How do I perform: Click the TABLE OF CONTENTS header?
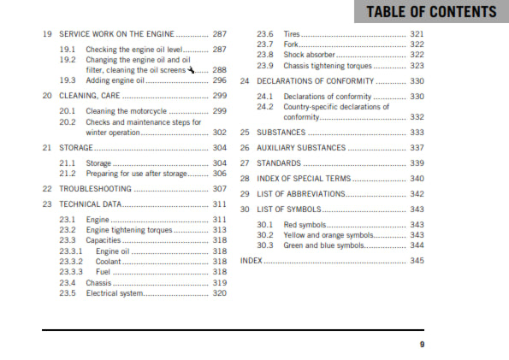431,12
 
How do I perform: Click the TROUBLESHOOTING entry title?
95,188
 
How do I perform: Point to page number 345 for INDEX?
417,260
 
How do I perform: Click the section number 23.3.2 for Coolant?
71,261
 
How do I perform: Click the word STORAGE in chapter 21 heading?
76,148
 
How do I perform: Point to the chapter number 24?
245,81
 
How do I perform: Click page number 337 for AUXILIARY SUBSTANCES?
417,148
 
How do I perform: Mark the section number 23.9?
265,65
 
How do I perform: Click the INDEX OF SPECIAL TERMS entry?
303,179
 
